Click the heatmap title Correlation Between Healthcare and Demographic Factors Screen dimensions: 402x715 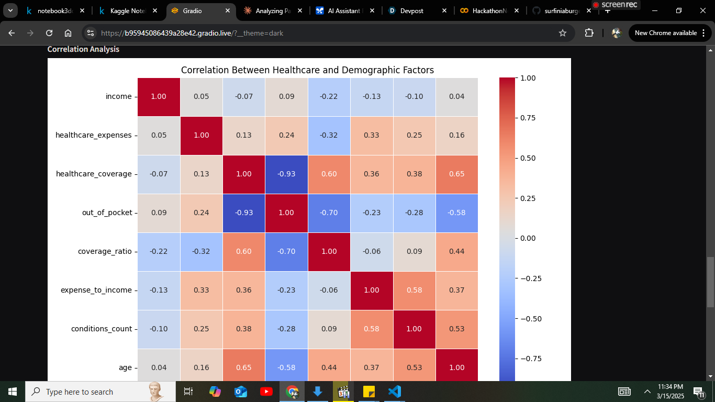307,70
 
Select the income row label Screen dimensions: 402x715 118,96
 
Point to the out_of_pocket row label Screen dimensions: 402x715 107,213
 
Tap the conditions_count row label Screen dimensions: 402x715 102,329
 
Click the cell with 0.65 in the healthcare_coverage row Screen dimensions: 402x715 456,174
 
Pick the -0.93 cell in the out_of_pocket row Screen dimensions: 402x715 244,213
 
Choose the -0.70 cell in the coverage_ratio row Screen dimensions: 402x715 286,251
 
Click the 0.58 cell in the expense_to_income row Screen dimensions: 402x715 414,290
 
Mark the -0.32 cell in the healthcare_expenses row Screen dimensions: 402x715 329,135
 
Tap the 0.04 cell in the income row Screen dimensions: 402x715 456,96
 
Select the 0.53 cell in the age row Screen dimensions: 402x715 414,367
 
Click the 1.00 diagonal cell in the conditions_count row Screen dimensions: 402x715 414,329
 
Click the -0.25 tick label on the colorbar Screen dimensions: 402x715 530,278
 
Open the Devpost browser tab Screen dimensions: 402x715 414,10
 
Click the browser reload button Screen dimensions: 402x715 49,33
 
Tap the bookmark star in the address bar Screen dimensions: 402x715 563,33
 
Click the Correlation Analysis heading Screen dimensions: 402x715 83,49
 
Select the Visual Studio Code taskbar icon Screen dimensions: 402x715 394,392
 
